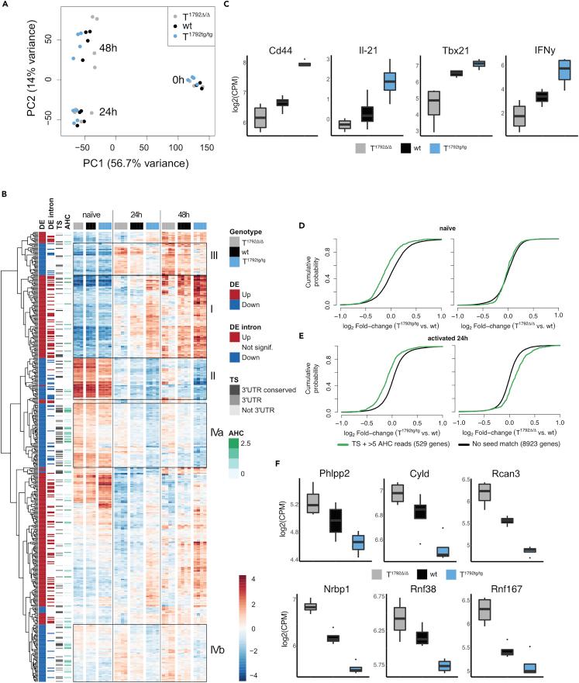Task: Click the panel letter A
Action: coord(6,5)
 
